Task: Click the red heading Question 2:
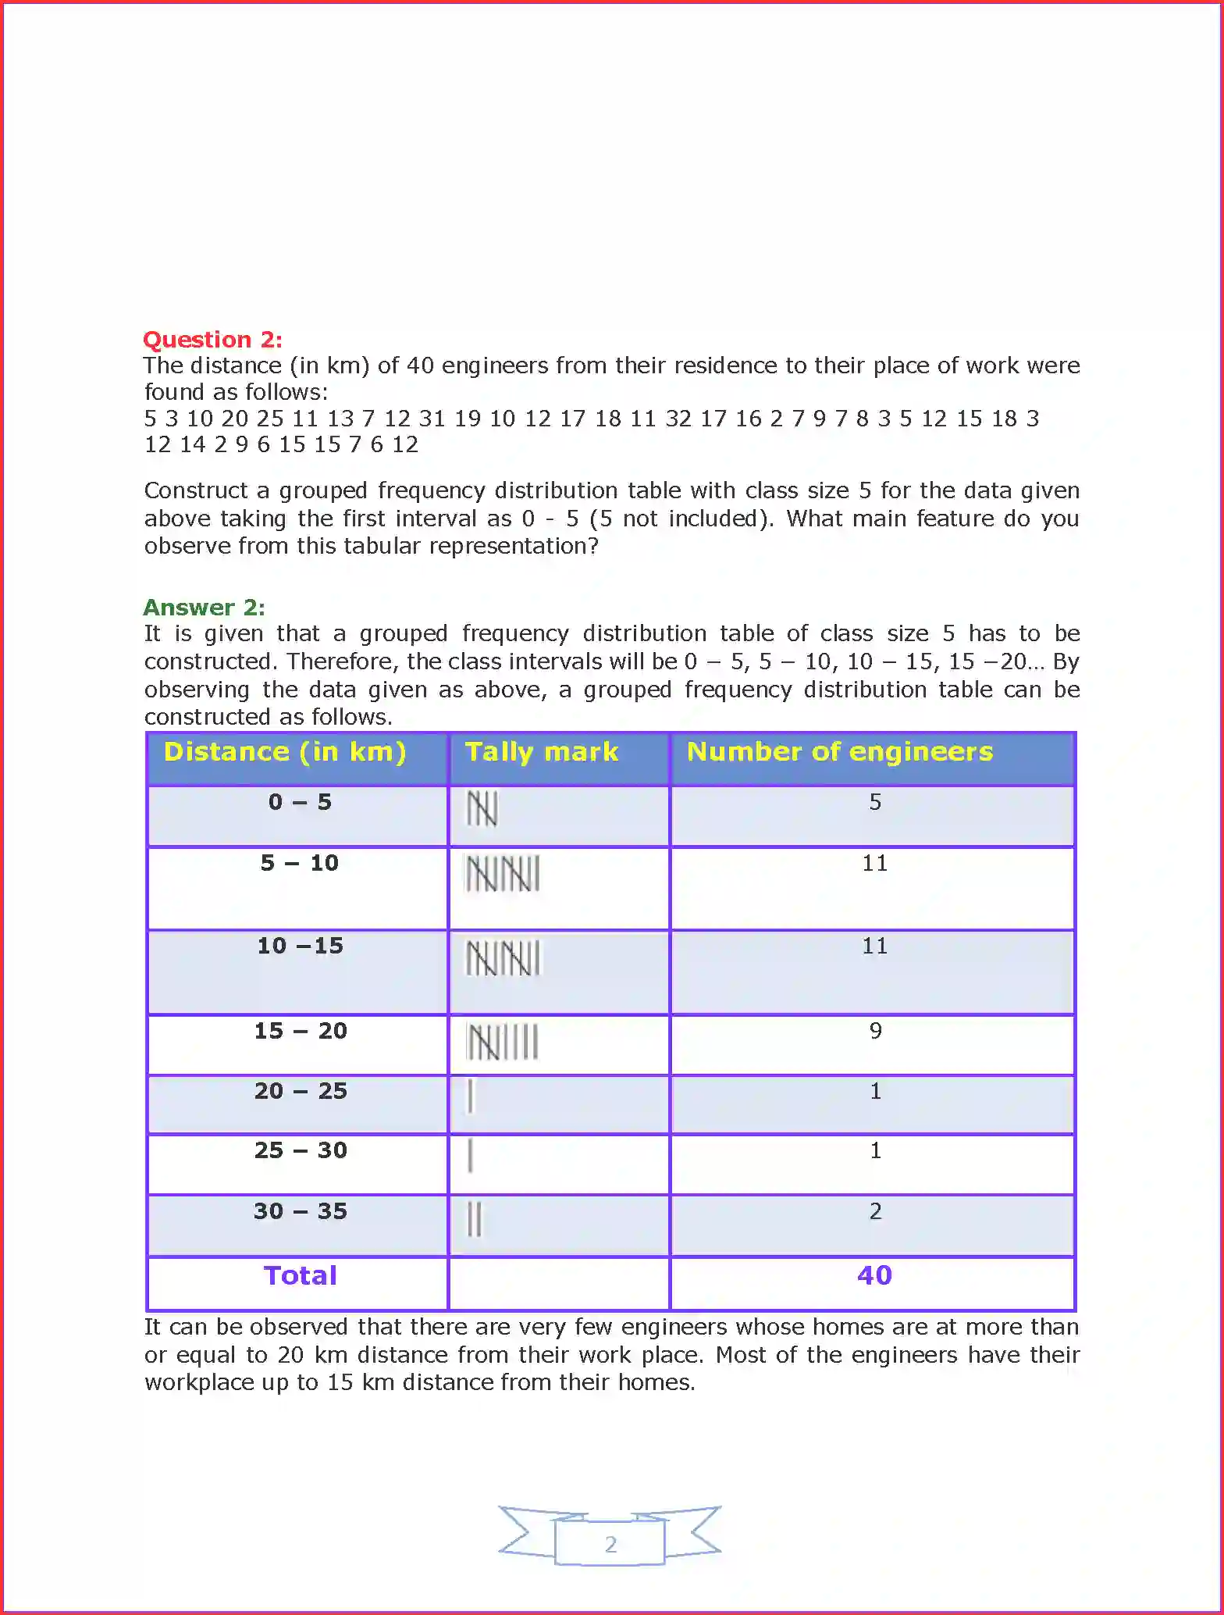coord(212,340)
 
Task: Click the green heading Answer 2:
coord(204,608)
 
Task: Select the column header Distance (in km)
coord(285,752)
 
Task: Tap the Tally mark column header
coord(542,752)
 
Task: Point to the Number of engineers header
coord(840,752)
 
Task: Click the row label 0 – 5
coord(300,802)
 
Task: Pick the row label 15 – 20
coord(300,1031)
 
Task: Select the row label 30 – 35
coord(300,1211)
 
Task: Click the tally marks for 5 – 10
coord(503,874)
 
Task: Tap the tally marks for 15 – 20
coord(503,1042)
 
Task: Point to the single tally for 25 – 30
coord(470,1156)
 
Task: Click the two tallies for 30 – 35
coord(475,1219)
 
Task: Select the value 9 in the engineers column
coord(875,1031)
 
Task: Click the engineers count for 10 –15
coord(874,947)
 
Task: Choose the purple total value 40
coord(874,1275)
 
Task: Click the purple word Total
coord(300,1276)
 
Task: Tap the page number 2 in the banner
coord(610,1545)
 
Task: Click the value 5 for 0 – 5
coord(875,802)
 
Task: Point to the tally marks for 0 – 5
coord(482,809)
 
